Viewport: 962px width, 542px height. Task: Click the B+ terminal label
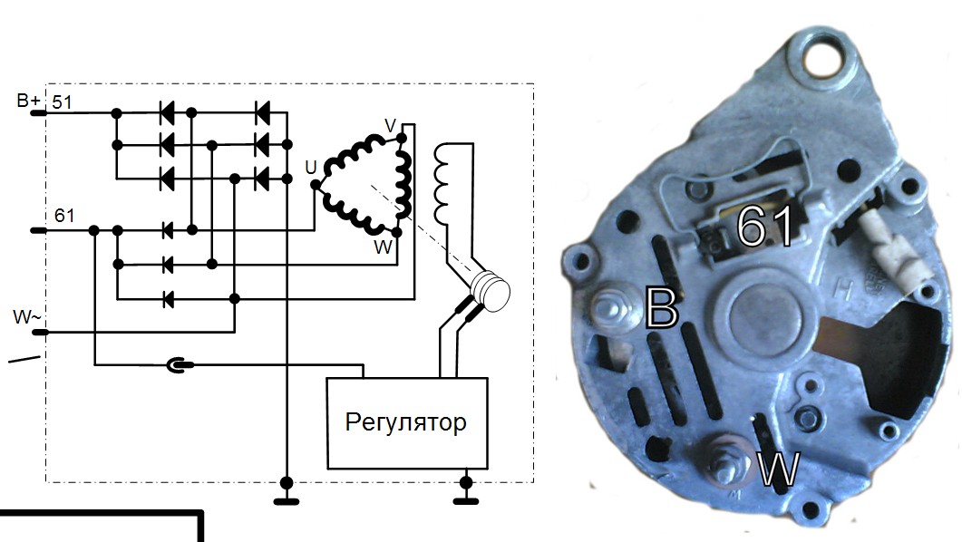coord(28,100)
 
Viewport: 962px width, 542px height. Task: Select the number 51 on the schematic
coord(63,102)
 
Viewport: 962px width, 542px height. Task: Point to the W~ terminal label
coord(26,318)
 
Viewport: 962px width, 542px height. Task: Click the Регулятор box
coord(406,422)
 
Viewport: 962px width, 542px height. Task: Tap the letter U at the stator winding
coord(311,168)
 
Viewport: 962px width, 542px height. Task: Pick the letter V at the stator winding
coord(391,126)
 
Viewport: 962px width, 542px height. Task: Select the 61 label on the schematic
coord(64,216)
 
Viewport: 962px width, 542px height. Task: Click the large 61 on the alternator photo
coord(764,227)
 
